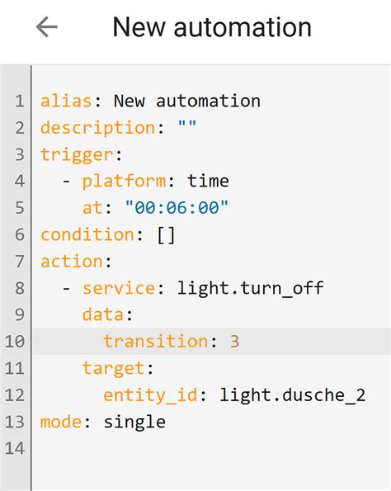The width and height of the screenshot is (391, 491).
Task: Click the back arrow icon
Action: [47, 27]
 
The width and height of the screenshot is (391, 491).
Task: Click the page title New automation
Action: [212, 27]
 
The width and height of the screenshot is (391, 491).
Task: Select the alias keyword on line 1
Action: [65, 102]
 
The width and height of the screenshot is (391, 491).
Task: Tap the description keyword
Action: [97, 128]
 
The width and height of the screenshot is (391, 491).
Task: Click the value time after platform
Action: [208, 181]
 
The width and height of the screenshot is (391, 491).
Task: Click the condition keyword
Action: [87, 234]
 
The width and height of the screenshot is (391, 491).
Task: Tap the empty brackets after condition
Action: [166, 234]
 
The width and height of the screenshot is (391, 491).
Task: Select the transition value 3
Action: [234, 341]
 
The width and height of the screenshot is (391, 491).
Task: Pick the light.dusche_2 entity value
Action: [292, 394]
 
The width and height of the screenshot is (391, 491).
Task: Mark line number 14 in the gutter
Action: [16, 448]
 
